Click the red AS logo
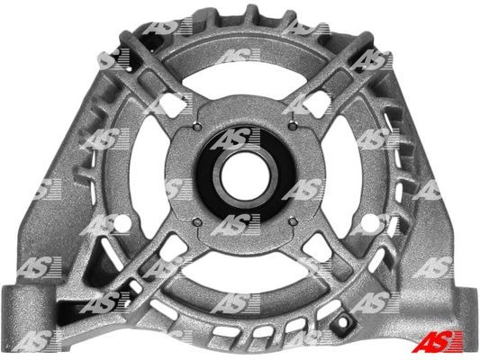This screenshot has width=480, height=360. click(437, 341)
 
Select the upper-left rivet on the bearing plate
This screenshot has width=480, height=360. click(198, 126)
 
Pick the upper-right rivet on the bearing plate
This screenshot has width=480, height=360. click(293, 126)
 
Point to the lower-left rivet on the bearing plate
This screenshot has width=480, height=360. click(198, 221)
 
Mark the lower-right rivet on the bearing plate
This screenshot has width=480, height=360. click(293, 221)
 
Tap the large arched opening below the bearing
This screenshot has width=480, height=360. click(245, 270)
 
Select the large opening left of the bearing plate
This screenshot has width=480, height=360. click(149, 175)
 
